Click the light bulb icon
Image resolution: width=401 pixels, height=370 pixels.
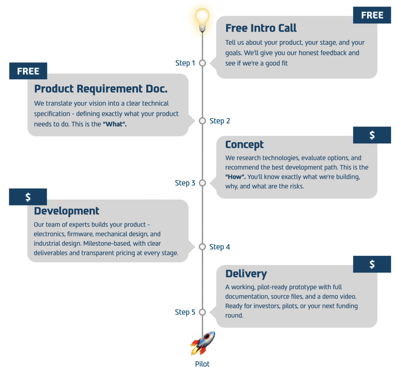click(202, 19)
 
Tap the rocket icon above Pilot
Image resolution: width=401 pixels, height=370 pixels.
click(202, 343)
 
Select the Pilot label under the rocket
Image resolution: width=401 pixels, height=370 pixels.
click(202, 364)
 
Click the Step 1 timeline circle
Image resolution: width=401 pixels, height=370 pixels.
click(202, 63)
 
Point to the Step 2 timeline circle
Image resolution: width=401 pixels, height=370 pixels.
click(202, 121)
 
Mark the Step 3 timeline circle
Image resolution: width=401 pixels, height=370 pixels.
click(202, 183)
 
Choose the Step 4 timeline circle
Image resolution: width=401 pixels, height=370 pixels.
click(202, 247)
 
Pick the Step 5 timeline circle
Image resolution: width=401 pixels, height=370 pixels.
click(202, 312)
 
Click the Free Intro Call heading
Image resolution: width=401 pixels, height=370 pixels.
click(261, 28)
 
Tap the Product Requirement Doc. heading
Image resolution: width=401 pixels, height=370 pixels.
click(101, 89)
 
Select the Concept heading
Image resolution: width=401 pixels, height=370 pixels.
click(244, 145)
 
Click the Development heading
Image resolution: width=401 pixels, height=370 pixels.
click(67, 211)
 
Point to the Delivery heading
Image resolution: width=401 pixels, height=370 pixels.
click(246, 273)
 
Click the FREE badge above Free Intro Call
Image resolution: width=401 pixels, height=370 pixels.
click(372, 15)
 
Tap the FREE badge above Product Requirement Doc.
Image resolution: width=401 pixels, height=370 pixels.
click(28, 71)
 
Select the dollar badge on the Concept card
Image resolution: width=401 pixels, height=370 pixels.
click(372, 135)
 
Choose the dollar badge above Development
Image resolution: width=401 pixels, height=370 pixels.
click(28, 197)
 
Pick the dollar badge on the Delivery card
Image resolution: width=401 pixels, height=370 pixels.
click(372, 265)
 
